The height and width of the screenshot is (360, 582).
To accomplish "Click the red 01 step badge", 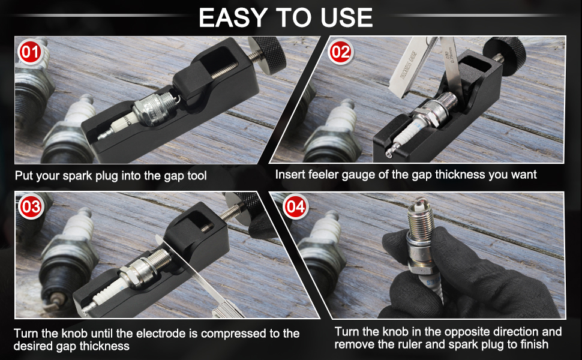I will click(x=28, y=53).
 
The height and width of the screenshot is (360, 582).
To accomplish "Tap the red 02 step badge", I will click(x=340, y=53).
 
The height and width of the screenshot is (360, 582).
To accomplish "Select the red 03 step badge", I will click(x=29, y=208).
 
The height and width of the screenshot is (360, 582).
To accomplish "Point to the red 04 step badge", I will click(x=295, y=208).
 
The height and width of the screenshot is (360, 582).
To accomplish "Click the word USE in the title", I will click(x=346, y=17).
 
